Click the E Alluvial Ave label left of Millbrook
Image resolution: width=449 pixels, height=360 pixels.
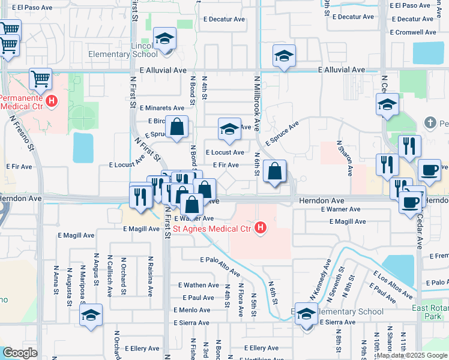click(163, 70)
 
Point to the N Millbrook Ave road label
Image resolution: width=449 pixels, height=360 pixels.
click(257, 103)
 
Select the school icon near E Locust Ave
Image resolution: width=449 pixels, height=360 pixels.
click(228, 130)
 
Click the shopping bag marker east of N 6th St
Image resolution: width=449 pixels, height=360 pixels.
click(274, 172)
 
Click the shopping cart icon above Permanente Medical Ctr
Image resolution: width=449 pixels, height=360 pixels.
click(40, 78)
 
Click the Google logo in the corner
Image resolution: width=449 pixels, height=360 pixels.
click(20, 353)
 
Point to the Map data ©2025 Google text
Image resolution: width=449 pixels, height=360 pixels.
click(411, 355)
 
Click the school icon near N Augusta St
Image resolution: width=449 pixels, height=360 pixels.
click(91, 315)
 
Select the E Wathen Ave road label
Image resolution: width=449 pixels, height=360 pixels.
click(199, 285)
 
